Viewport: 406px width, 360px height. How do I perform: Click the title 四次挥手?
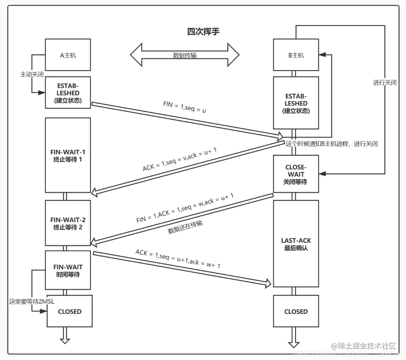point(203,32)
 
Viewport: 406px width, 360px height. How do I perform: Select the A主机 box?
point(68,55)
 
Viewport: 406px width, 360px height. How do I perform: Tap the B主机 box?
point(296,55)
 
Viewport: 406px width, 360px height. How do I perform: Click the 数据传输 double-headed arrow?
point(185,55)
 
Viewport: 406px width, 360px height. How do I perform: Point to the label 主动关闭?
point(32,75)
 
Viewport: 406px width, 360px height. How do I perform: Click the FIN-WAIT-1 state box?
point(68,155)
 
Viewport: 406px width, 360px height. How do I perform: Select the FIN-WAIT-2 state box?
point(68,223)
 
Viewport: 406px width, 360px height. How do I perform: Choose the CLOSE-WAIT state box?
point(296,174)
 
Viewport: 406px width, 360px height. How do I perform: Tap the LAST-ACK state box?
point(296,244)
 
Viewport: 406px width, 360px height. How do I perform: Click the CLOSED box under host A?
point(69,311)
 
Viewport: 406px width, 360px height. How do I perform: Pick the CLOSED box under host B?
point(296,311)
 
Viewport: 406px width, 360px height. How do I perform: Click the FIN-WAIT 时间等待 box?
point(68,270)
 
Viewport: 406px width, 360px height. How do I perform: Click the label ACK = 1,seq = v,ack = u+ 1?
point(179,159)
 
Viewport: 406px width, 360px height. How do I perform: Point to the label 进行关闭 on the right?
point(384,82)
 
